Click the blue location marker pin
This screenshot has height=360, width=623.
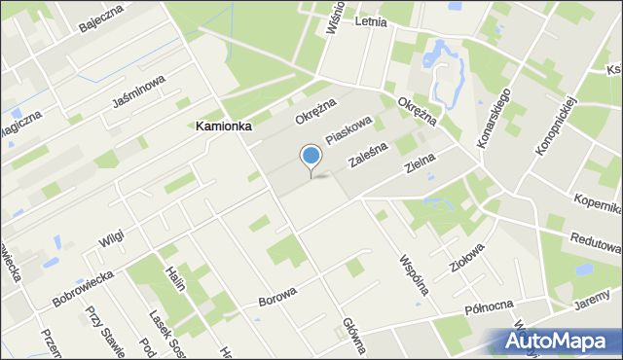click(x=311, y=157)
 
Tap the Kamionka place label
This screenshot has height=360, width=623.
click(x=224, y=126)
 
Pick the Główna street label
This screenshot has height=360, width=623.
click(x=352, y=337)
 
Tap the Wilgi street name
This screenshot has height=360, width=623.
click(x=112, y=236)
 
